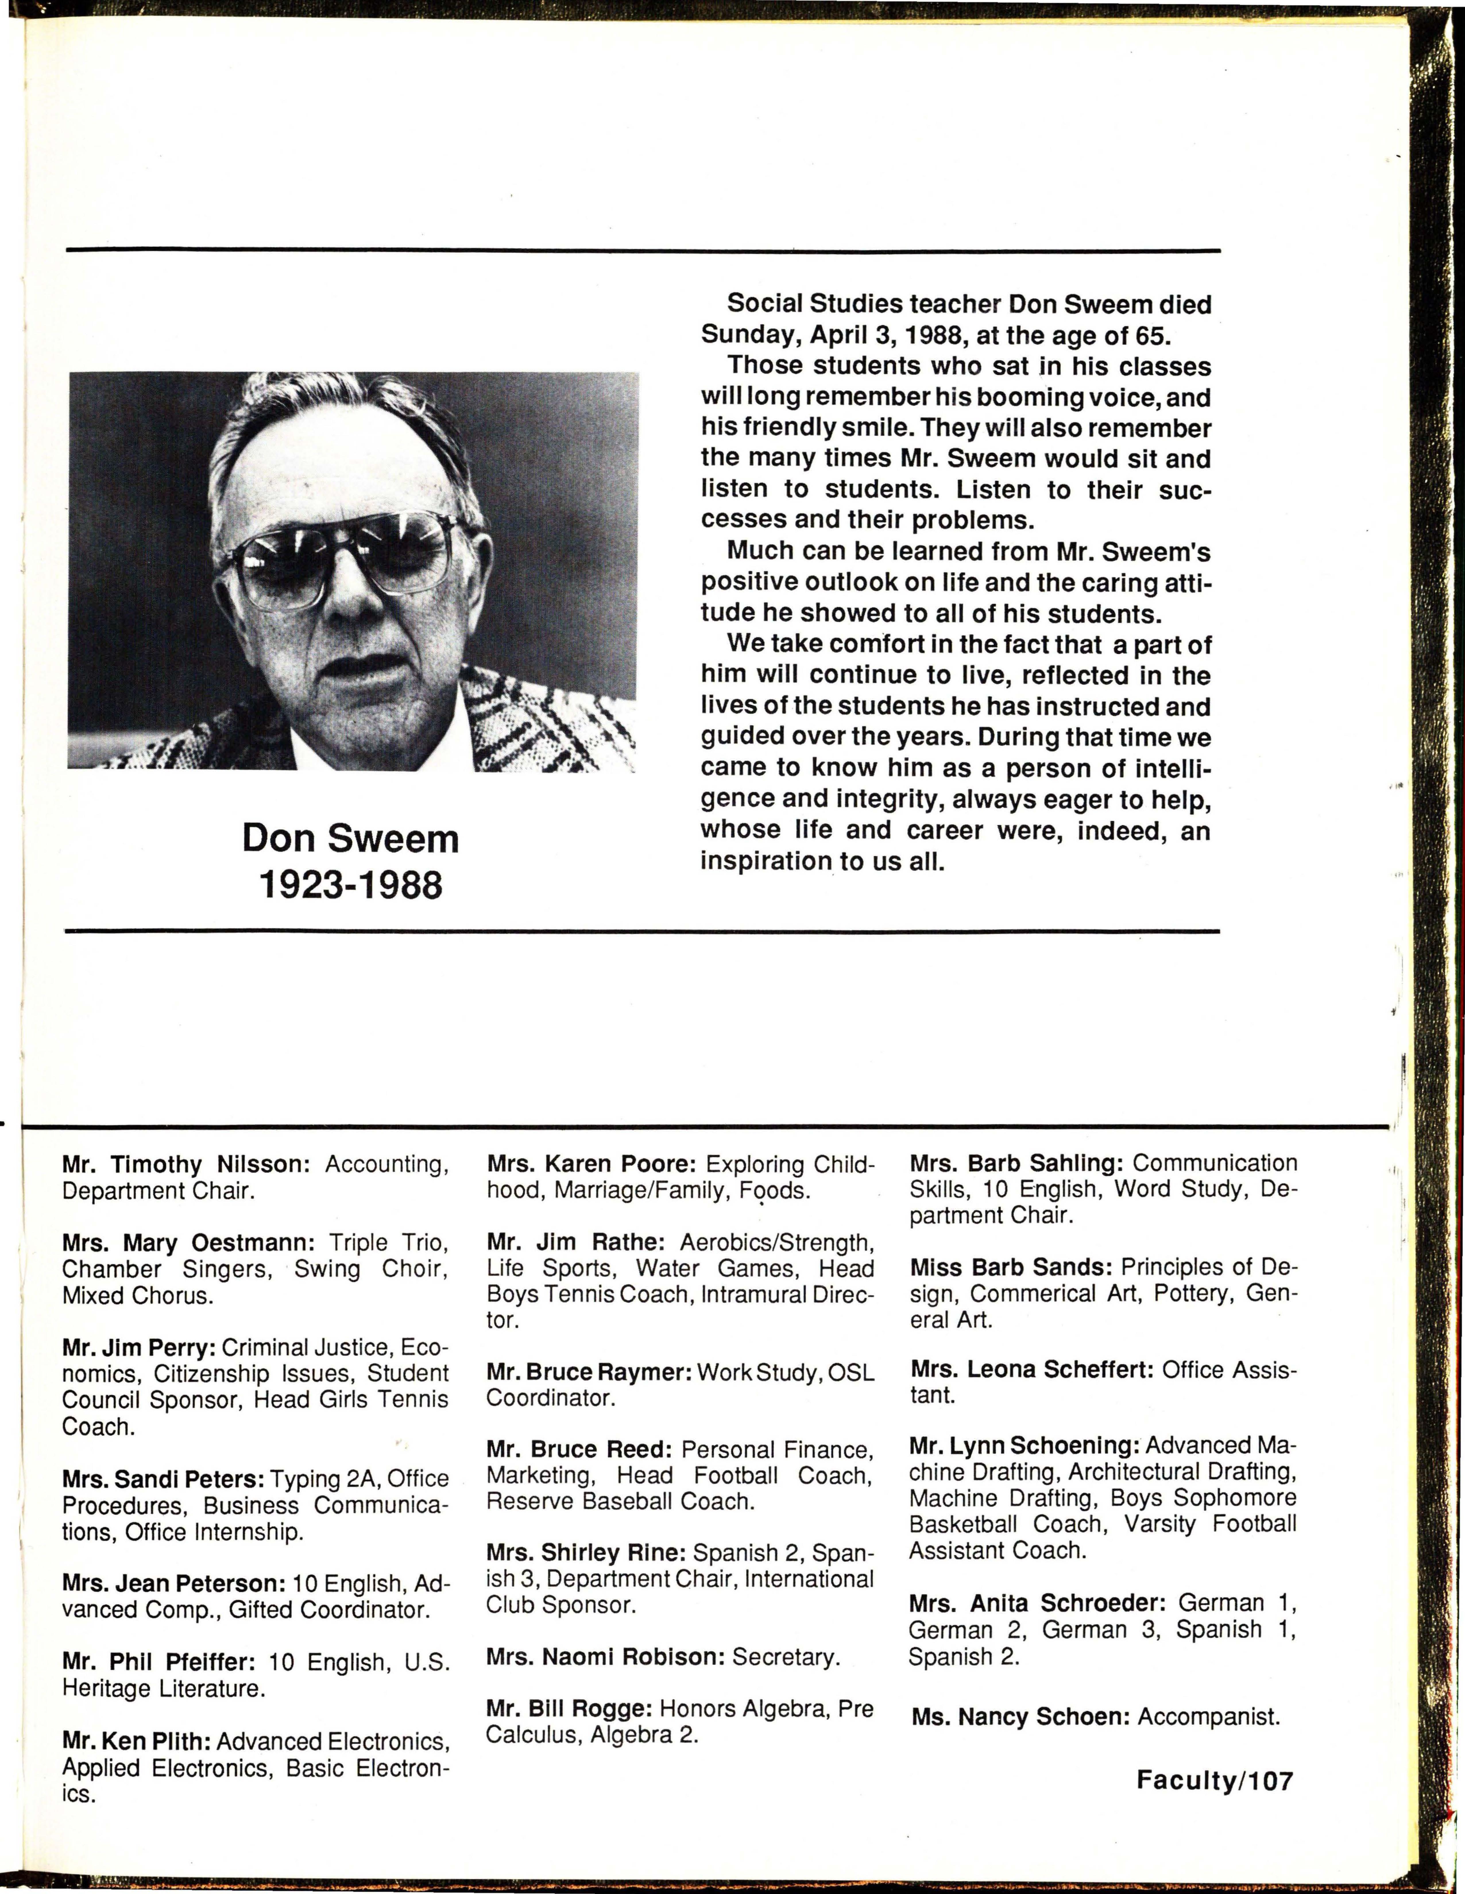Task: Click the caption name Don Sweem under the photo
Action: pyautogui.click(x=350, y=838)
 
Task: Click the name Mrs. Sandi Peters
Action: pyautogui.click(x=162, y=1479)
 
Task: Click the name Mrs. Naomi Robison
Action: pyautogui.click(x=604, y=1657)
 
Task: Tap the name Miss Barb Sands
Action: pyautogui.click(x=1010, y=1267)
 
